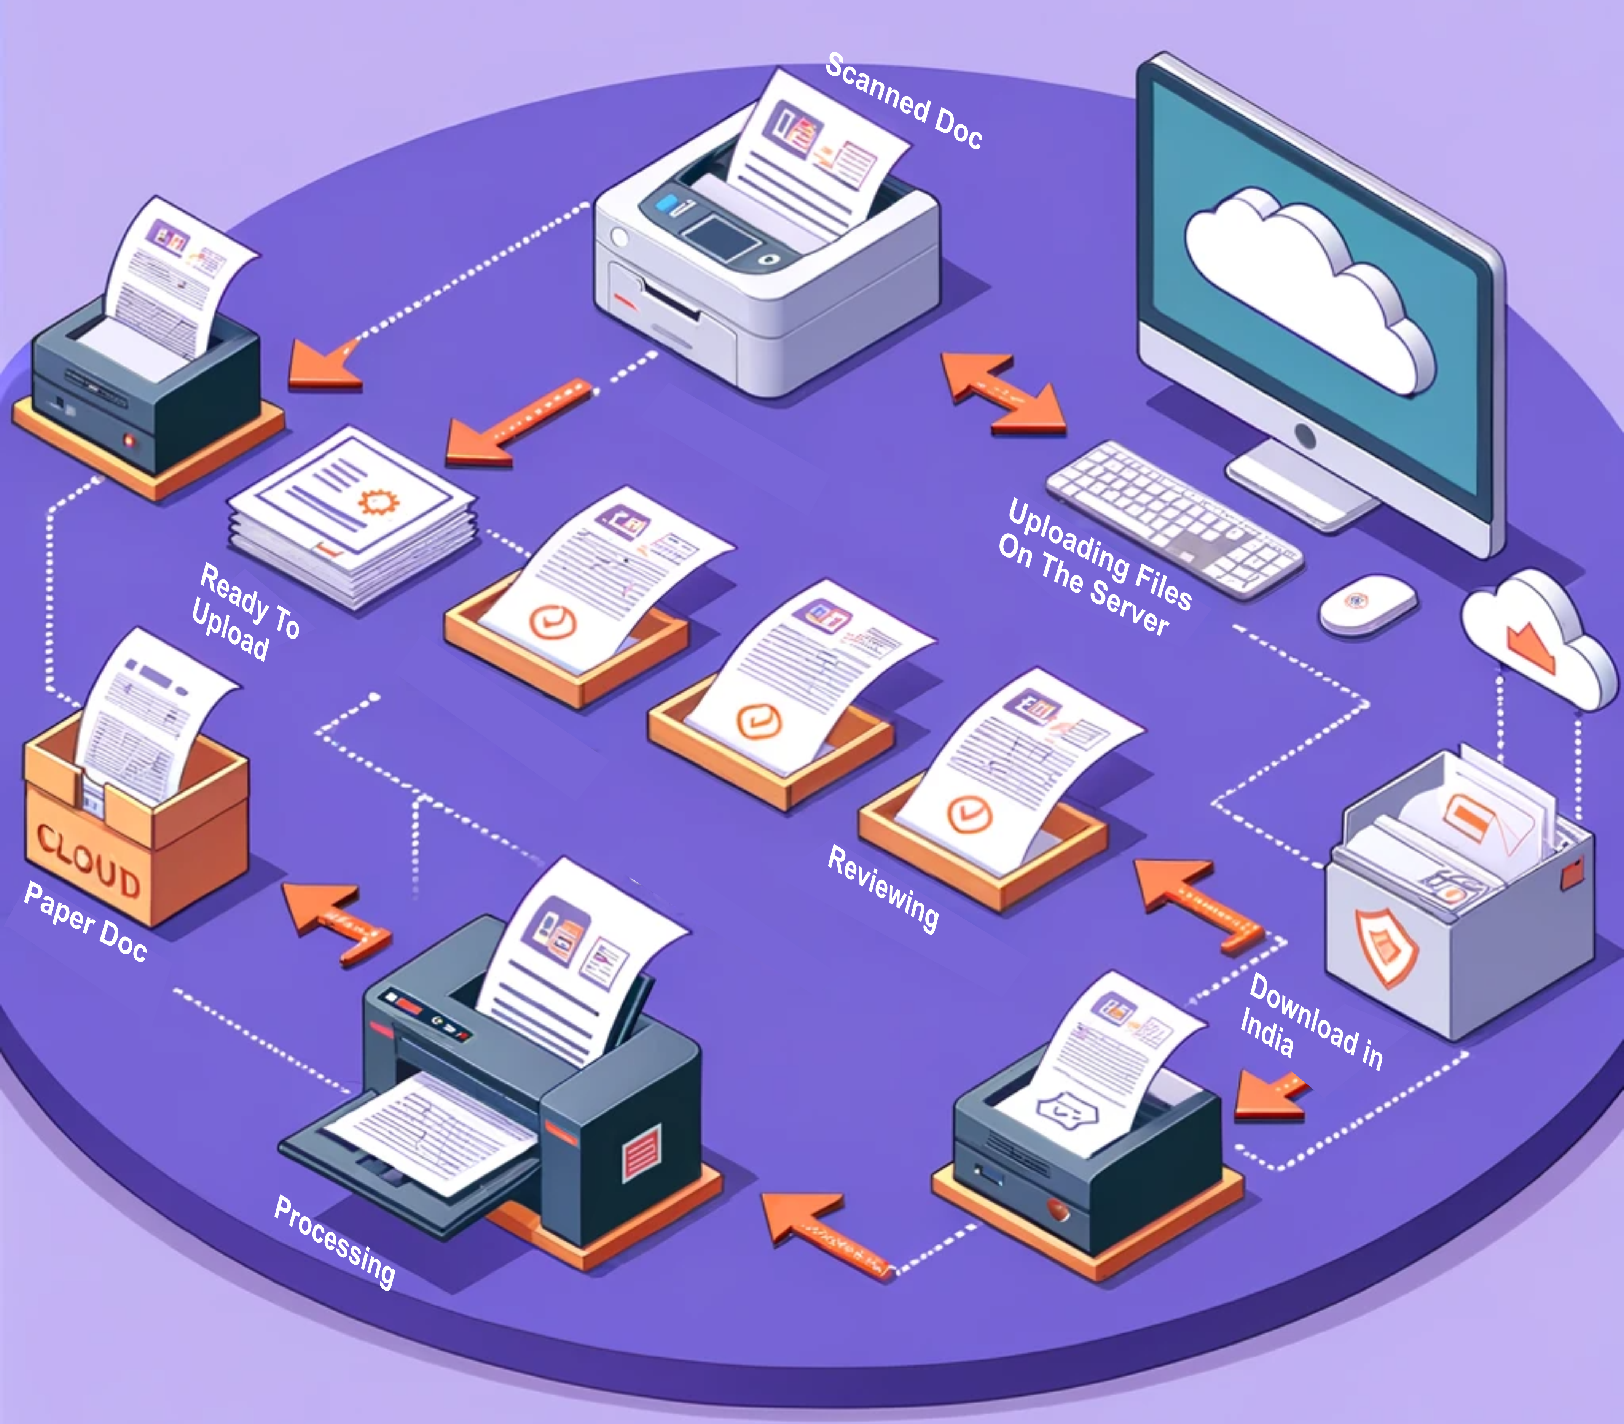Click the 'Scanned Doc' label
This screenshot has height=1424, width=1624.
[904, 101]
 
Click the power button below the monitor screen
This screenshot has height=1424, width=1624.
[1304, 434]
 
